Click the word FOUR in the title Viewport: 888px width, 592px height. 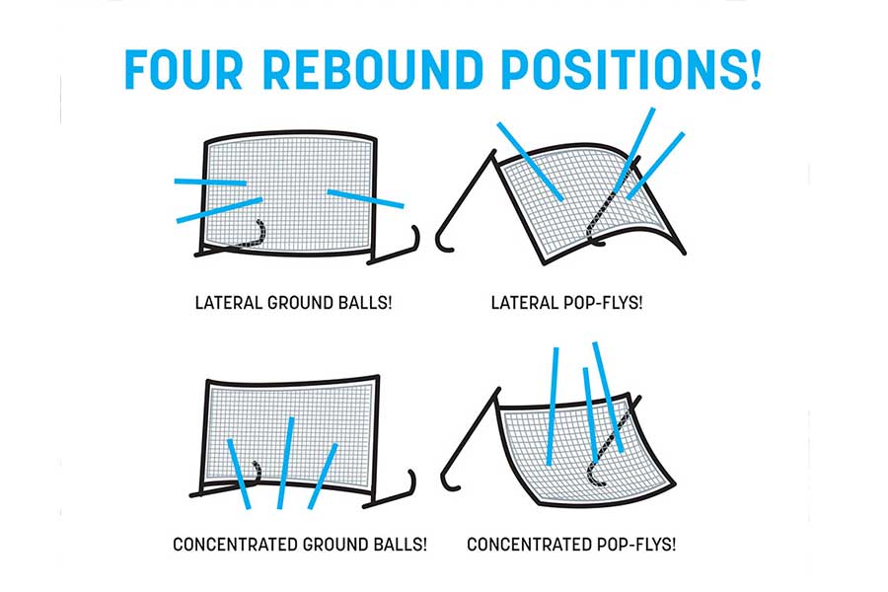click(x=184, y=70)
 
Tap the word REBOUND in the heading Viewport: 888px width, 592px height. click(x=373, y=70)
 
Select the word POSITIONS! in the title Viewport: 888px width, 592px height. click(x=631, y=70)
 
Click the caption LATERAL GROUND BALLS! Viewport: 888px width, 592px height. click(x=293, y=303)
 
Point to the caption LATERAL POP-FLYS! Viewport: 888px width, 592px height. click(x=567, y=303)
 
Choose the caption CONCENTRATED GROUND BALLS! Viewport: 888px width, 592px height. click(x=300, y=545)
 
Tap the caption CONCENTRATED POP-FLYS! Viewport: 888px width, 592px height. click(x=571, y=545)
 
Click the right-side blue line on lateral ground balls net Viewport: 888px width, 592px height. click(x=365, y=199)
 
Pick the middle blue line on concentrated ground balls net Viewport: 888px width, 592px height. click(x=285, y=464)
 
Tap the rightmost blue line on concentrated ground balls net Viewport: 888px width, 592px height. click(x=323, y=477)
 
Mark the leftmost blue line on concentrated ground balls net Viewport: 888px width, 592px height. click(x=239, y=475)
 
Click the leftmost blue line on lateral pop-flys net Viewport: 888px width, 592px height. click(x=530, y=162)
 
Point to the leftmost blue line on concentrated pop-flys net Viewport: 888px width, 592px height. click(x=553, y=407)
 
